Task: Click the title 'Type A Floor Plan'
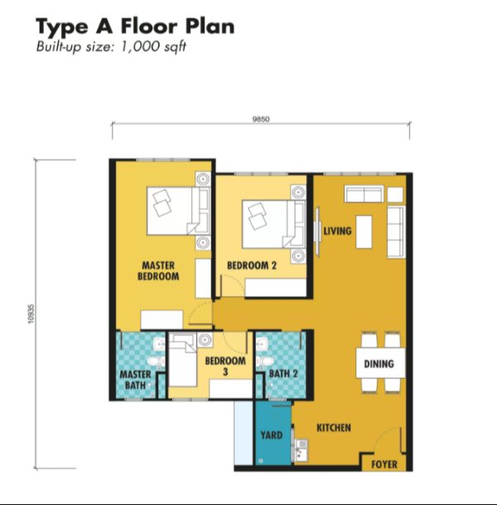(135, 26)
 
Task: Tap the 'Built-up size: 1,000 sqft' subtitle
(111, 46)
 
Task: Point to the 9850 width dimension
(261, 119)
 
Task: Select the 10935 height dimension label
(31, 313)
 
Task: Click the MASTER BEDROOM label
(158, 271)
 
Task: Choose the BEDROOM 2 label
(252, 265)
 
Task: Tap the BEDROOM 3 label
(225, 367)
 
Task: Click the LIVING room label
(337, 231)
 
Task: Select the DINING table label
(379, 364)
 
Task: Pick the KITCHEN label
(334, 428)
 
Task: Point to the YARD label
(272, 435)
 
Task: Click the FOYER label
(384, 464)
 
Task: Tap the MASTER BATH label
(135, 380)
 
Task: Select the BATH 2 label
(283, 374)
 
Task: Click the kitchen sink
(302, 450)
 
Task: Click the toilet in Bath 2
(264, 361)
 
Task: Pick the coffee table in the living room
(364, 232)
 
